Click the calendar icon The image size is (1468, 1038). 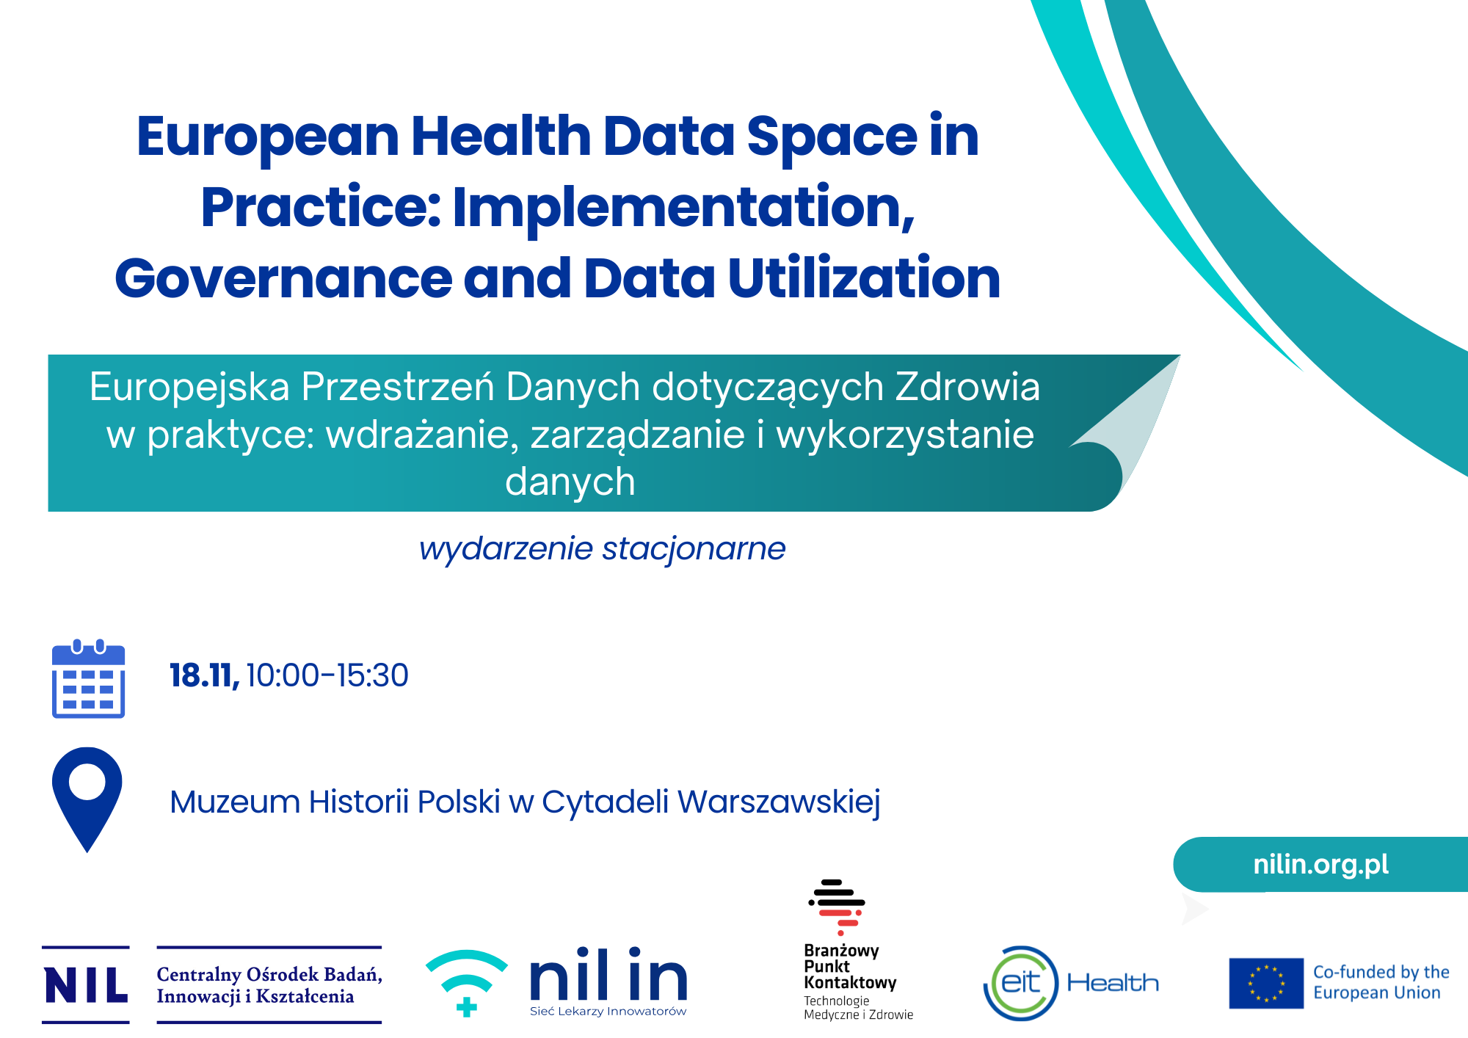pyautogui.click(x=88, y=678)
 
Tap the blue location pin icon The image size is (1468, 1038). pyautogui.click(x=87, y=799)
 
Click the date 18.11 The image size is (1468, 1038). pyautogui.click(x=204, y=675)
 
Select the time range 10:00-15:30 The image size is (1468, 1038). pyautogui.click(x=327, y=675)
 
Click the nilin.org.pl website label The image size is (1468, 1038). pyautogui.click(x=1320, y=864)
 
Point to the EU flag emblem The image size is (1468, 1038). pyautogui.click(x=1266, y=983)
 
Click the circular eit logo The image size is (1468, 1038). pyautogui.click(x=1021, y=983)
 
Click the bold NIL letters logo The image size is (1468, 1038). pyautogui.click(x=86, y=984)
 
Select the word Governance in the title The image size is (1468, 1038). pyautogui.click(x=283, y=279)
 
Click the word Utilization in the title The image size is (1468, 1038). pyautogui.click(x=864, y=278)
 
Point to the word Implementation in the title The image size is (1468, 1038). pyautogui.click(x=683, y=208)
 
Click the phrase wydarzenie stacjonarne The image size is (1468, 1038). pyautogui.click(x=602, y=549)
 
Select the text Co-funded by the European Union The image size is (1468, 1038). pyautogui.click(x=1381, y=982)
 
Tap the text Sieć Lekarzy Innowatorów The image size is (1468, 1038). pyautogui.click(x=608, y=1012)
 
